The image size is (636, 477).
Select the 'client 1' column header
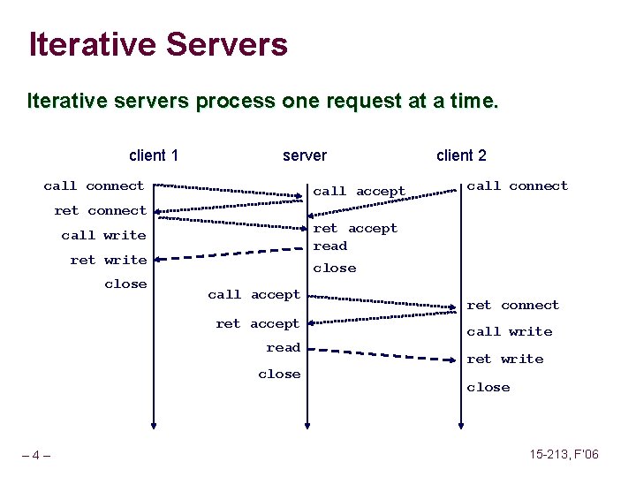(x=154, y=155)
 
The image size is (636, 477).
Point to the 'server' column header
(x=305, y=155)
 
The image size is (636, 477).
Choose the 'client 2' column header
(x=461, y=155)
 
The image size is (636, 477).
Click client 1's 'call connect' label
(x=94, y=185)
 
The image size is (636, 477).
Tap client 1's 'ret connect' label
(x=100, y=210)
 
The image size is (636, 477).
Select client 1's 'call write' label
(x=103, y=235)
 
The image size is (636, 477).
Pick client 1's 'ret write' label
(x=109, y=260)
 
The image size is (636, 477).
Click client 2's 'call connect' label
(x=517, y=185)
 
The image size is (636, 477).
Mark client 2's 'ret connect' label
(x=512, y=305)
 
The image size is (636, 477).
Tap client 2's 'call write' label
(x=509, y=331)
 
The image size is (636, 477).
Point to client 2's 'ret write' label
(x=504, y=359)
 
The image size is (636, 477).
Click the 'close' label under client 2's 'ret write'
(x=488, y=387)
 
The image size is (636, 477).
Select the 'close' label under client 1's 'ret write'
(x=125, y=284)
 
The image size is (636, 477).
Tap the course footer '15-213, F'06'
(x=564, y=454)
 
